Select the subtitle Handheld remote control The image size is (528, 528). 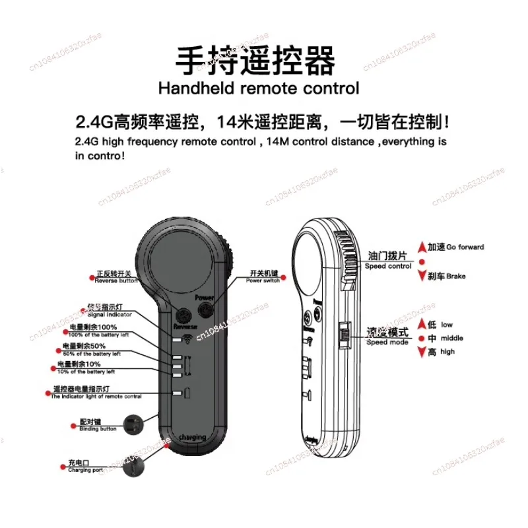(x=259, y=88)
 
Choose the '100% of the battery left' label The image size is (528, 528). (x=96, y=331)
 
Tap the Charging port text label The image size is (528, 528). (x=85, y=467)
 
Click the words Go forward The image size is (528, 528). (x=465, y=247)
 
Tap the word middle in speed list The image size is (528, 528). (x=452, y=338)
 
